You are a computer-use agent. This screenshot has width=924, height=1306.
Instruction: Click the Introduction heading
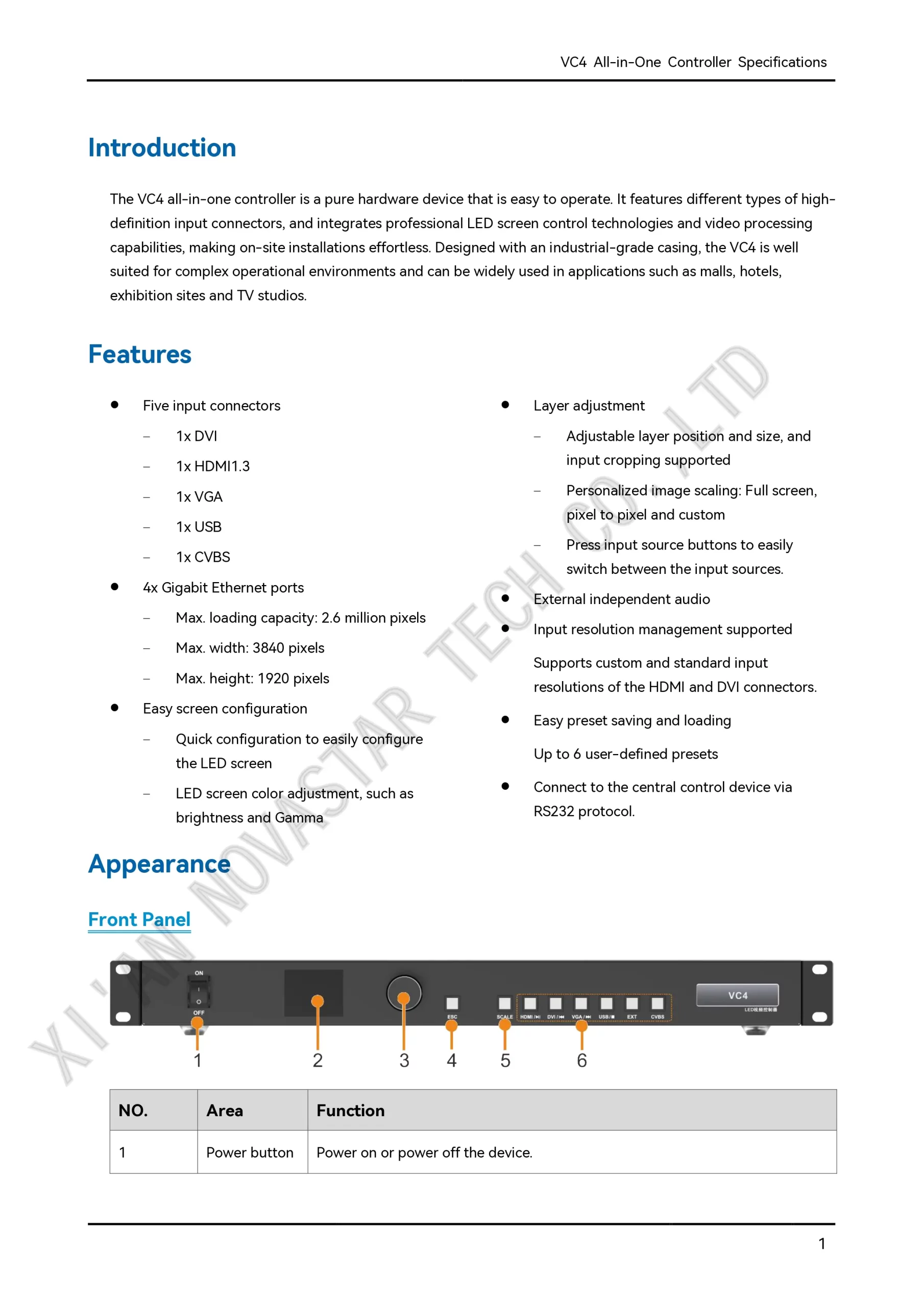point(162,148)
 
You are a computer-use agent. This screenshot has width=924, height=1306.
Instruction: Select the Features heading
point(140,355)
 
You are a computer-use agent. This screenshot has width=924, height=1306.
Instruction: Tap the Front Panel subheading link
point(139,920)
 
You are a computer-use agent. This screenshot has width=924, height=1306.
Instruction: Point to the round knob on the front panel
point(404,993)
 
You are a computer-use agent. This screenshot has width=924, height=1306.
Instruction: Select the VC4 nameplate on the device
point(737,995)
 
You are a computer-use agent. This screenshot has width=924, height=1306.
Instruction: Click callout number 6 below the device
point(581,1060)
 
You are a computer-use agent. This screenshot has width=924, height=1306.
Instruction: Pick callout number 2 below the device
point(318,1060)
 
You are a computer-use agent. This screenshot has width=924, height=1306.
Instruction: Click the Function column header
point(351,1110)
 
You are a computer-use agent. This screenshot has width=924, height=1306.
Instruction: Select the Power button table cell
point(250,1152)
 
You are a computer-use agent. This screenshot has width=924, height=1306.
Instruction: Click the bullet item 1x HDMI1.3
point(213,466)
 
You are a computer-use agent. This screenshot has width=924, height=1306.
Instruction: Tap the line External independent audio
point(622,599)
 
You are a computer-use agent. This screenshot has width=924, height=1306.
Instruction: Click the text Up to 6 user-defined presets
point(626,754)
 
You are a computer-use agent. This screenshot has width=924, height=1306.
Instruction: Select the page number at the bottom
point(821,1244)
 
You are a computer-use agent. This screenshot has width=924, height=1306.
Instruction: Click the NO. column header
point(133,1110)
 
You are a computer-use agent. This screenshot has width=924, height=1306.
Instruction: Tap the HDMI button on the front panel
point(530,1003)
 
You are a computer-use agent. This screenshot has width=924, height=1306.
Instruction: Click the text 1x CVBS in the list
point(203,558)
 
